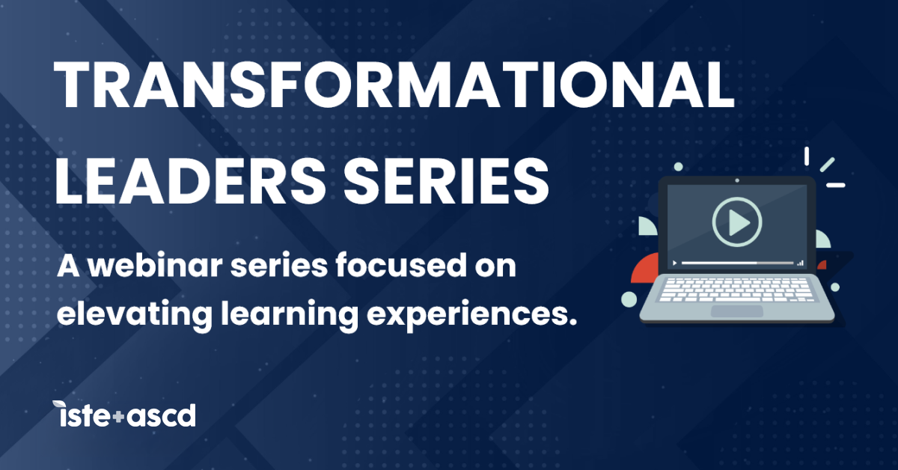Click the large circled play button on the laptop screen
[736, 222]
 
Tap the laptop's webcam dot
[737, 180]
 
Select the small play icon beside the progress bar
[675, 263]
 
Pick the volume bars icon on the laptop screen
[800, 263]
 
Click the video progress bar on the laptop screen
[737, 263]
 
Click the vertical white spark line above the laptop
[807, 156]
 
